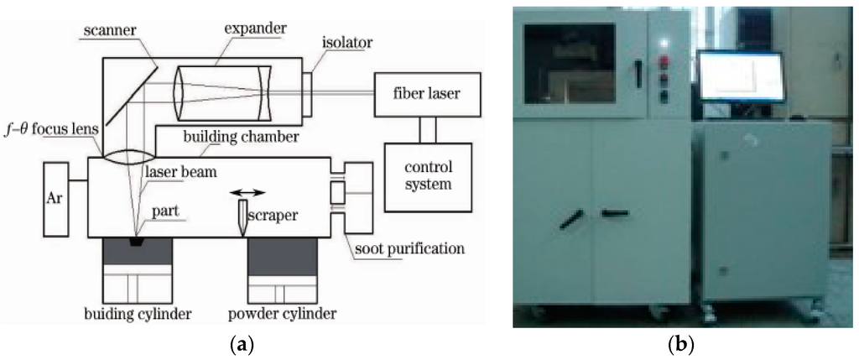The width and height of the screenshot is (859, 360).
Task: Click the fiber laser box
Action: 427,94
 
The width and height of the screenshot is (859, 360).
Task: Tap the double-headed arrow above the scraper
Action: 247,191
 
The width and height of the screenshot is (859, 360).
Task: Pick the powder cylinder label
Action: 282,315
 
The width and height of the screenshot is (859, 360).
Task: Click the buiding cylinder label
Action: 138,315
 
